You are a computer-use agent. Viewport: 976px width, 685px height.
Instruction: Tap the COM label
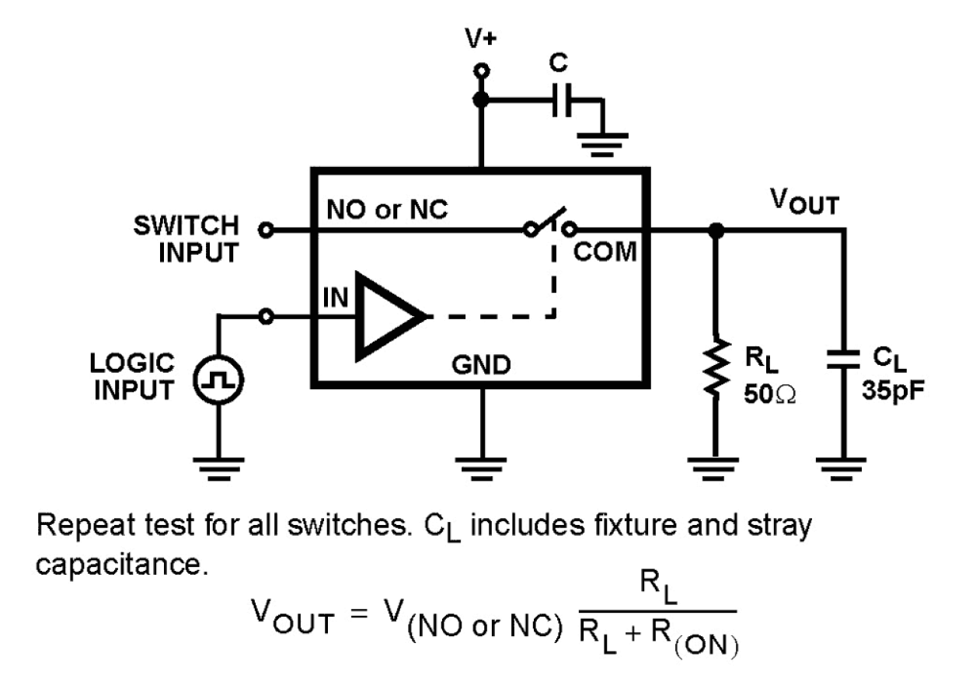[606, 253]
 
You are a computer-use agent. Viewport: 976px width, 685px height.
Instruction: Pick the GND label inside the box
[482, 363]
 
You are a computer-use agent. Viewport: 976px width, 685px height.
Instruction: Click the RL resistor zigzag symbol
[716, 368]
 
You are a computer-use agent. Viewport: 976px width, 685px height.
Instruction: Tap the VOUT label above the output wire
[803, 204]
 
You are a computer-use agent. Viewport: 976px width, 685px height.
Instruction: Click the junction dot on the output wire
[716, 230]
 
